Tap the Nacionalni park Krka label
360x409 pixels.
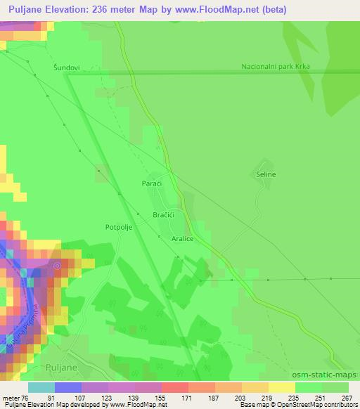click(x=275, y=67)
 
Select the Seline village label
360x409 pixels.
click(x=266, y=174)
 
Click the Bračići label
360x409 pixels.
click(x=164, y=215)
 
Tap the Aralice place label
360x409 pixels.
click(x=182, y=239)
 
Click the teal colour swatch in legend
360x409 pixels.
click(x=41, y=387)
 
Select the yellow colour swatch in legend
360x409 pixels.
click(x=281, y=387)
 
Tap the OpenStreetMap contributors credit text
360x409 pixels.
click(x=317, y=405)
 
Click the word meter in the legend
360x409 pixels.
click(x=11, y=398)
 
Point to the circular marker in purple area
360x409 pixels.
click(x=58, y=266)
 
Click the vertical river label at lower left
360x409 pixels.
click(x=20, y=330)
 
